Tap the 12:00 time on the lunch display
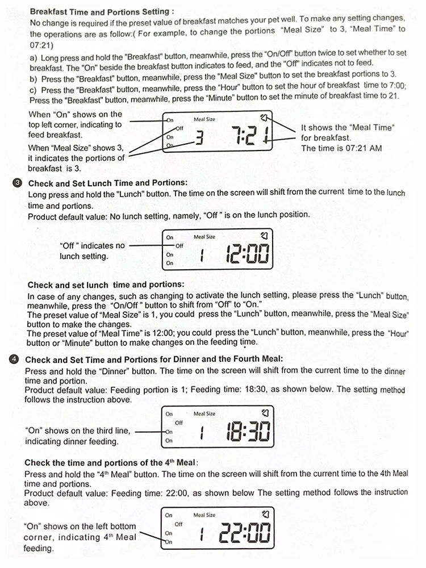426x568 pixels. pos(247,254)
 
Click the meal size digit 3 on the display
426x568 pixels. pos(199,137)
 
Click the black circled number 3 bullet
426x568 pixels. pos(16,183)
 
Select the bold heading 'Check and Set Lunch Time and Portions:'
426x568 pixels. pos(107,183)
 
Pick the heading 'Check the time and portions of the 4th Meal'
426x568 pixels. pos(111,463)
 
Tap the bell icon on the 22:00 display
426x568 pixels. pos(264,515)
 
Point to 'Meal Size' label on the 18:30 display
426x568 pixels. pos(204,414)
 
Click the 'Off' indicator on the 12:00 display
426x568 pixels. pos(179,246)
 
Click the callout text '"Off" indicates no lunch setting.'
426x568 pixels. pos(92,251)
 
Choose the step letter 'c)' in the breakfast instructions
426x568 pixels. pos(33,90)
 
